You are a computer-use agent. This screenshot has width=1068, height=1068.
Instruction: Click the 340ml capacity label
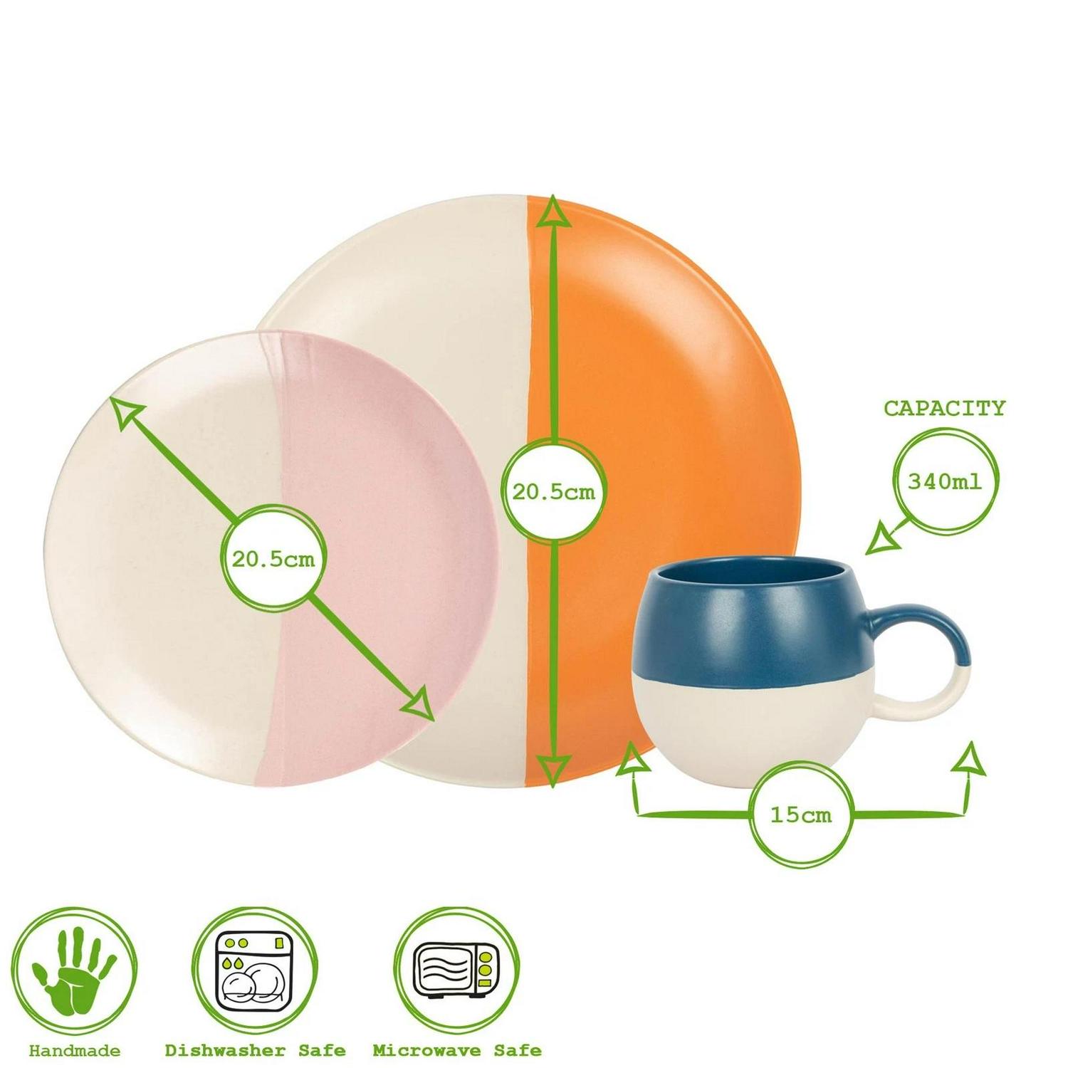pos(945,481)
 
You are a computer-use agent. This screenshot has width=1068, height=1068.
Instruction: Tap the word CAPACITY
pos(944,408)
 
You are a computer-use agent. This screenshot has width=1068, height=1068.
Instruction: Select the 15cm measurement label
pos(801,815)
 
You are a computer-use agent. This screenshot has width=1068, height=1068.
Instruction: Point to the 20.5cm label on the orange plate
pos(553,492)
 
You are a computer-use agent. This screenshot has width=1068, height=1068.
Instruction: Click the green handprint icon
pos(74,971)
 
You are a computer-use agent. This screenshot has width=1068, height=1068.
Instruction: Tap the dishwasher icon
pos(254,970)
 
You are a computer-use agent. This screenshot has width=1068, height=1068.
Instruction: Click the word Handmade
pos(75,1051)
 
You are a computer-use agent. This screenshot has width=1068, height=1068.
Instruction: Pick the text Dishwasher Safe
pos(255,1051)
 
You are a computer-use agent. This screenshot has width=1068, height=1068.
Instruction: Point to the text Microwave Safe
pos(457,1051)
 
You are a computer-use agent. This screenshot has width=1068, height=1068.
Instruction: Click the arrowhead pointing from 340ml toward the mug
pos(881,539)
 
